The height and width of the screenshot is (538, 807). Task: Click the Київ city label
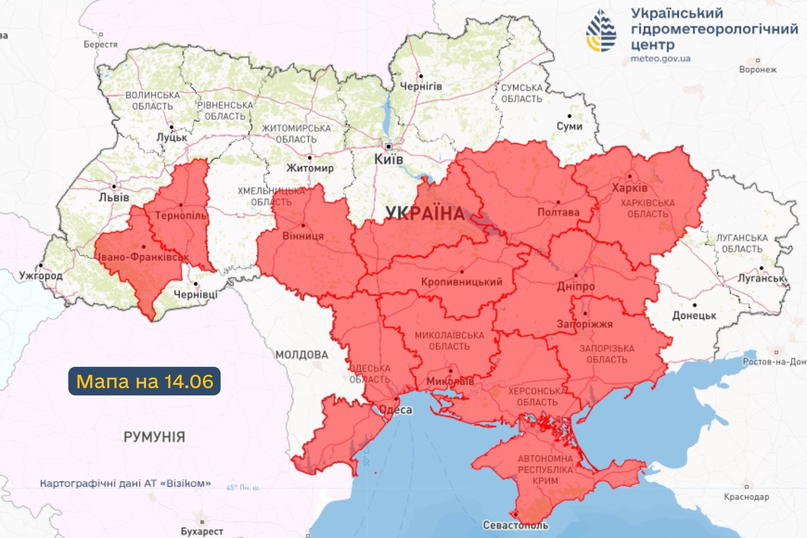[x=388, y=160]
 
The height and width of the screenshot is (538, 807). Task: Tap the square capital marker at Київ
[x=389, y=147]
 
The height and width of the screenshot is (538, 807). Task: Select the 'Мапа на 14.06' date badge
[x=144, y=381]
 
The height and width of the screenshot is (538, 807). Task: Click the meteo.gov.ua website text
[x=660, y=59]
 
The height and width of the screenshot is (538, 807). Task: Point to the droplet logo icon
[x=602, y=31]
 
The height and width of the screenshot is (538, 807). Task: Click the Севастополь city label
[x=515, y=525]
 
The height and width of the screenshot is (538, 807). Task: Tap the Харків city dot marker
[x=629, y=177]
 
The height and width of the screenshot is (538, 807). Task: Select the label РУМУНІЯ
[x=154, y=437]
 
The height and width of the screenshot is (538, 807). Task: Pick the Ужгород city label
[x=41, y=276]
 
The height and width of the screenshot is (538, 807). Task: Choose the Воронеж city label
[x=758, y=70]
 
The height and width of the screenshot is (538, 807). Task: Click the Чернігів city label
[x=421, y=87]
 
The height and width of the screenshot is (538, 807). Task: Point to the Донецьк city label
[x=694, y=316]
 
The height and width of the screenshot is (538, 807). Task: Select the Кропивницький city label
[x=462, y=282]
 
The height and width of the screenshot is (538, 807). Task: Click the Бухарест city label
[x=202, y=532]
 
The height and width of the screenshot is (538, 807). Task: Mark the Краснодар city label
[x=746, y=497]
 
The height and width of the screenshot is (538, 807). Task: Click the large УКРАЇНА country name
[x=425, y=214]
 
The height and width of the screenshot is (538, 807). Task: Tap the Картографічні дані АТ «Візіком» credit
[x=125, y=484]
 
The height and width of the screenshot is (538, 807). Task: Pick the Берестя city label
[x=100, y=45]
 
